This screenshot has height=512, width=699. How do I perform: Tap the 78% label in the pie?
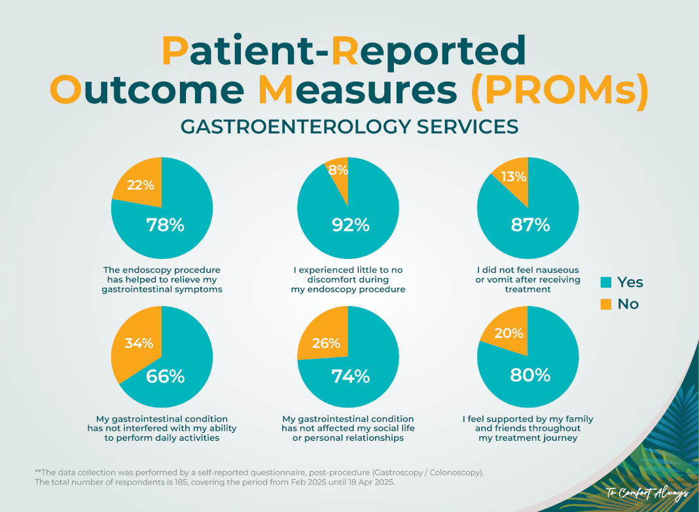165,225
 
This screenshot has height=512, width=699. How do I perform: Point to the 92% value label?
350,225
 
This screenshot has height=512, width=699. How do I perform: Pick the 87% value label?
530,225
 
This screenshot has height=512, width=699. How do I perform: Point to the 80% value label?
530,375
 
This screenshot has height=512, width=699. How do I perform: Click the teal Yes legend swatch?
606,282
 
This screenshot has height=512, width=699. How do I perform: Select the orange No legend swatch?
606,304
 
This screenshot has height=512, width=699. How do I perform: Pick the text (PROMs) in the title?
560,90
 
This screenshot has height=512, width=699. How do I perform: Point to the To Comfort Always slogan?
647,492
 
